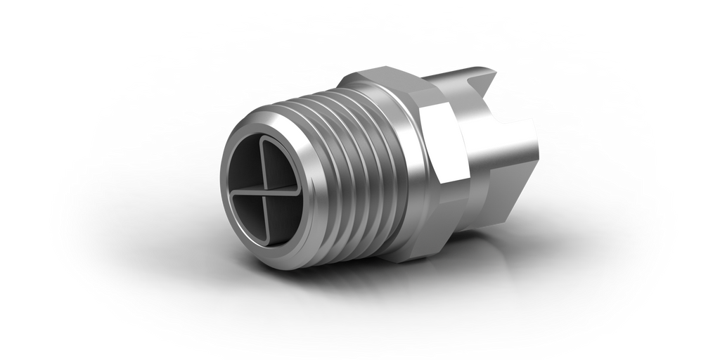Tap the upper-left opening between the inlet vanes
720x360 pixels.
pyautogui.click(x=246, y=169)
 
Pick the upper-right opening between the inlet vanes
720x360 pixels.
pyautogui.click(x=283, y=169)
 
